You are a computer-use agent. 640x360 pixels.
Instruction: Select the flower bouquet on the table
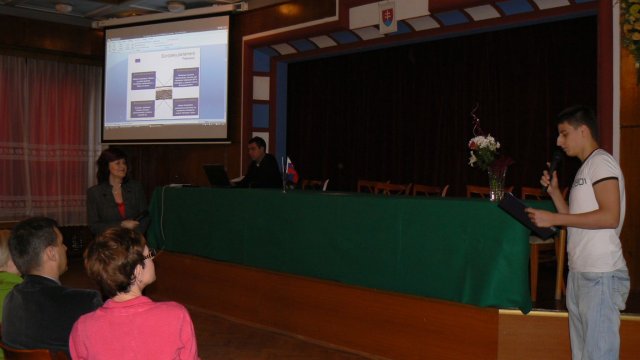click(x=485, y=151)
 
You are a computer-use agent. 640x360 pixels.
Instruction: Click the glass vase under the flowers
click(x=496, y=185)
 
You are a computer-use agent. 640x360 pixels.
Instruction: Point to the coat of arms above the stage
click(x=387, y=17)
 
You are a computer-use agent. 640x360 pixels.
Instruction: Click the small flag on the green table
click(x=290, y=170)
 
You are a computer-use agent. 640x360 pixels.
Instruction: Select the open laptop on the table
click(x=217, y=176)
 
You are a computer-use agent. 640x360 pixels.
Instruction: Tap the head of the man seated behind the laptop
click(x=258, y=147)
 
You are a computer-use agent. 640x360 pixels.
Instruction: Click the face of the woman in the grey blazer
click(x=112, y=166)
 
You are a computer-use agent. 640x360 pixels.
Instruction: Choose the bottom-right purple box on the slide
click(x=185, y=107)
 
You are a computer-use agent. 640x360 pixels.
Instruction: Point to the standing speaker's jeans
click(x=597, y=315)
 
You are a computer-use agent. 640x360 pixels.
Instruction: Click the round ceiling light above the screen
click(x=176, y=6)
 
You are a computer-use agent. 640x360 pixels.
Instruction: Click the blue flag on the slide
click(x=136, y=60)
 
